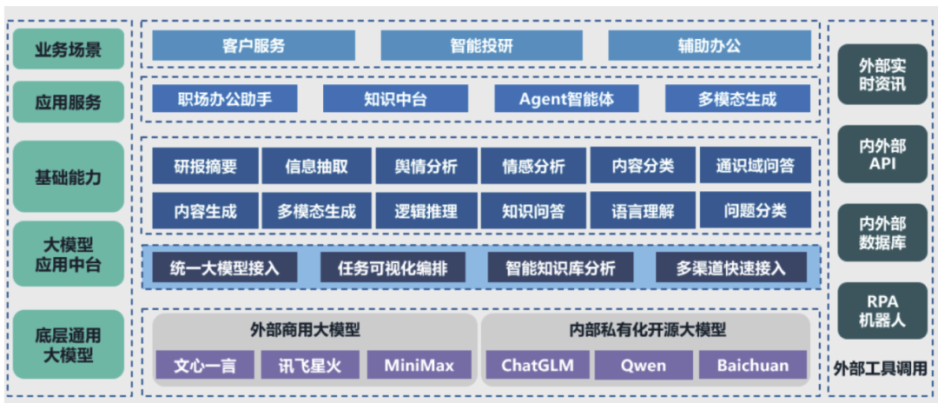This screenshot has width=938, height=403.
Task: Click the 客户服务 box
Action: pos(254,46)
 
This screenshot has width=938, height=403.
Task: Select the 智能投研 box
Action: pos(481,46)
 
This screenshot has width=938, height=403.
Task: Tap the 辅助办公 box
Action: pos(709,46)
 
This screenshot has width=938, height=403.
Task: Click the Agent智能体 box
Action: pos(566,99)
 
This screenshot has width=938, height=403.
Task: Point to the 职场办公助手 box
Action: pos(224,99)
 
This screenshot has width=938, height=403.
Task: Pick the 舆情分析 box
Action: pos(426,165)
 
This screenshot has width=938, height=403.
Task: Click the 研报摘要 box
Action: pos(205,165)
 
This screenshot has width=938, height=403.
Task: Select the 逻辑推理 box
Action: pos(426,210)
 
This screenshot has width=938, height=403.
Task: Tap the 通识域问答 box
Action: pos(755,165)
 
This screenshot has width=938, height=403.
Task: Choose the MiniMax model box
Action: pos(419,366)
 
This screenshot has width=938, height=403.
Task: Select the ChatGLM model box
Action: pos(538,366)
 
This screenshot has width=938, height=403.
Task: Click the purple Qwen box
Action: pos(643,366)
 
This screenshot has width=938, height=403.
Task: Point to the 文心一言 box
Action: pos(205,366)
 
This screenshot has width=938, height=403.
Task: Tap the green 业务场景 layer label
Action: pos(69,50)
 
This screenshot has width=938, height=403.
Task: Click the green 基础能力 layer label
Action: pos(69,177)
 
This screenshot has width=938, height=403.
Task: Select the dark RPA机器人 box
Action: pos(882,311)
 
